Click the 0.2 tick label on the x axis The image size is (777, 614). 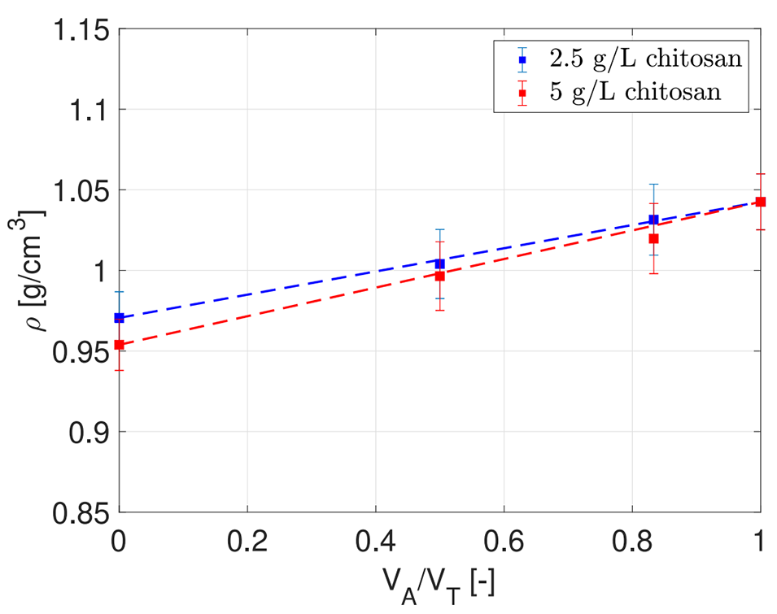[247, 540]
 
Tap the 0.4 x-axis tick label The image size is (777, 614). [375, 540]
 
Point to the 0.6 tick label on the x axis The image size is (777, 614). [504, 540]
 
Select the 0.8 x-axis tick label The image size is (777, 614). [632, 540]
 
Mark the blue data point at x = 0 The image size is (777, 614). [120, 317]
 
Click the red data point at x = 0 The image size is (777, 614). [120, 345]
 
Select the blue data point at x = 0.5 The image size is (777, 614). [440, 263]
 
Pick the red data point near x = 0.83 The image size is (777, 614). [653, 238]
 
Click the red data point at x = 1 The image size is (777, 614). [761, 202]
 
